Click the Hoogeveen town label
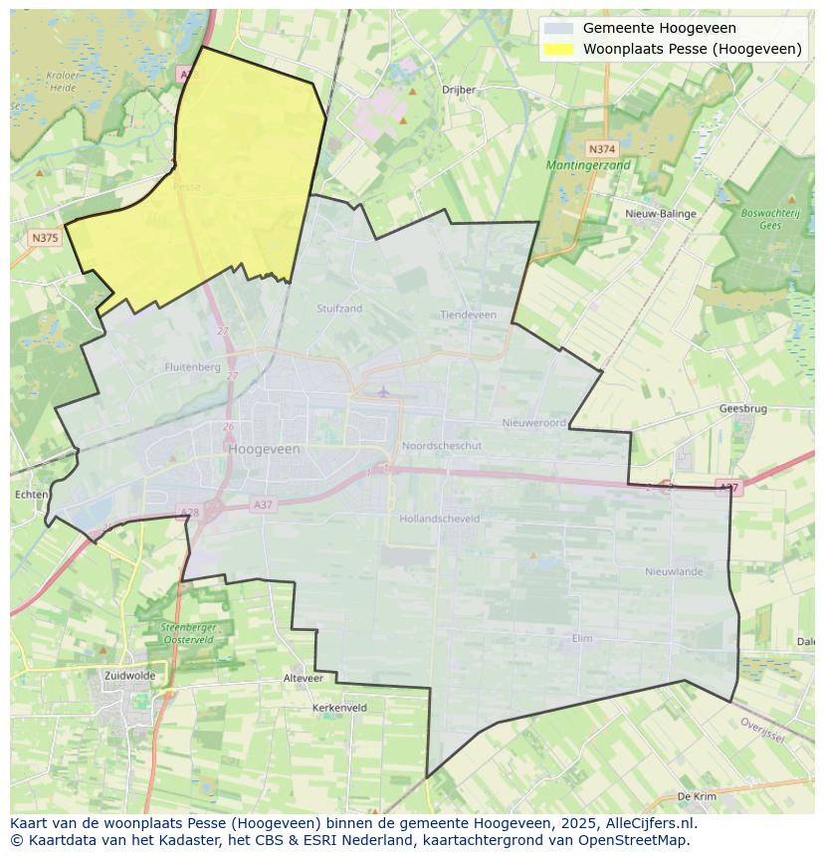264,449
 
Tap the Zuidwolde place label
129,675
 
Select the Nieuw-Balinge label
661,214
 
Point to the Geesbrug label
742,409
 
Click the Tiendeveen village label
468,315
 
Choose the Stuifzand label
339,309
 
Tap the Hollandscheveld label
439,519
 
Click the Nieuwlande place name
674,571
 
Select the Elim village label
582,638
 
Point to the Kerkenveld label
339,708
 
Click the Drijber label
459,90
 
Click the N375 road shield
44,238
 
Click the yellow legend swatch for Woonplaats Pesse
559,49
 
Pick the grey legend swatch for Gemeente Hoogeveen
559,29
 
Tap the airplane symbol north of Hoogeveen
383,390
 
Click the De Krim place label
697,796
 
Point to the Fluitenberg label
192,367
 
